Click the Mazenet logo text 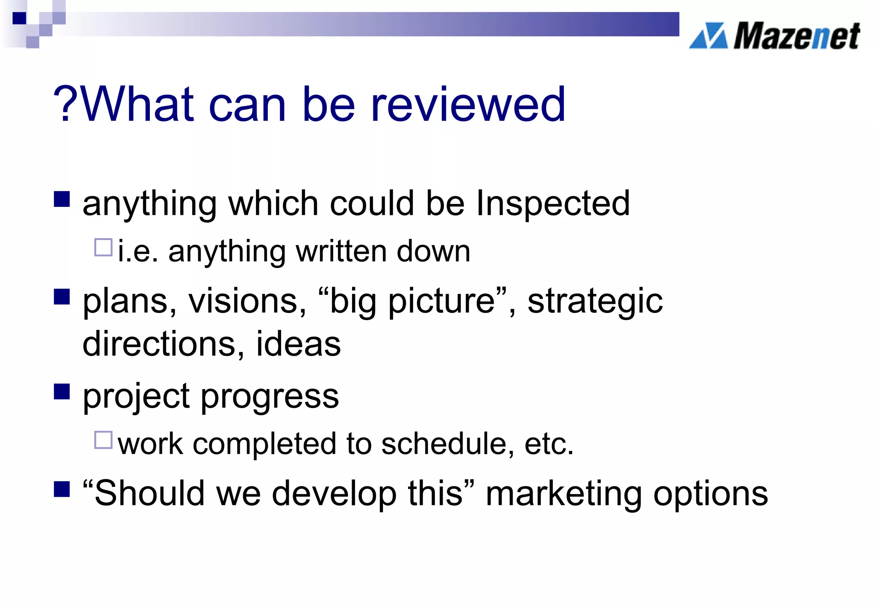tap(797, 36)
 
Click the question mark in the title tap(65, 104)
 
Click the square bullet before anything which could tap(62, 199)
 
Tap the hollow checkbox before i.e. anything tap(103, 247)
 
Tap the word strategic tap(595, 302)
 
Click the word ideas tap(298, 344)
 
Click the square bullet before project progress tap(62, 391)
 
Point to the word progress tap(270, 397)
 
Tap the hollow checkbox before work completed tap(103, 440)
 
